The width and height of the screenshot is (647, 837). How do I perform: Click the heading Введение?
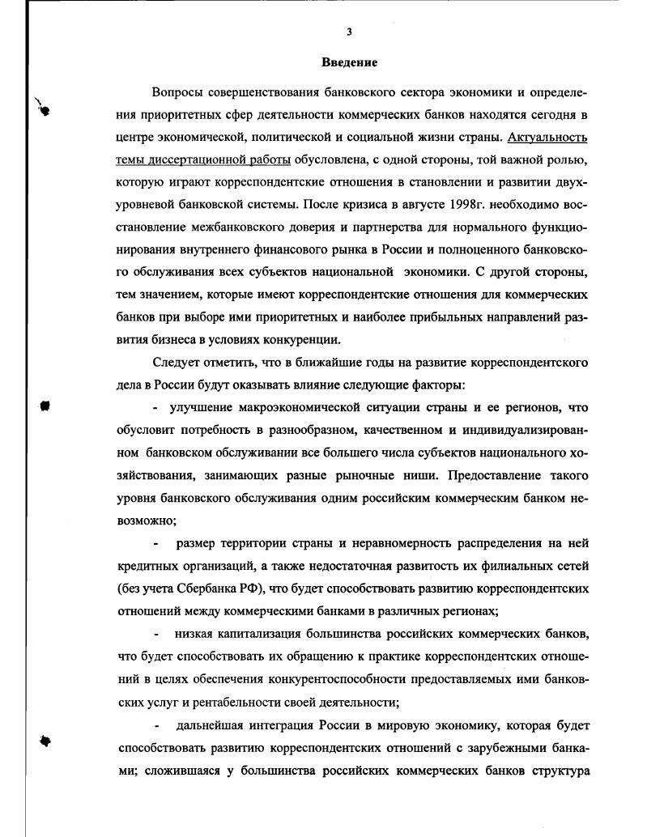pyautogui.click(x=350, y=62)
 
